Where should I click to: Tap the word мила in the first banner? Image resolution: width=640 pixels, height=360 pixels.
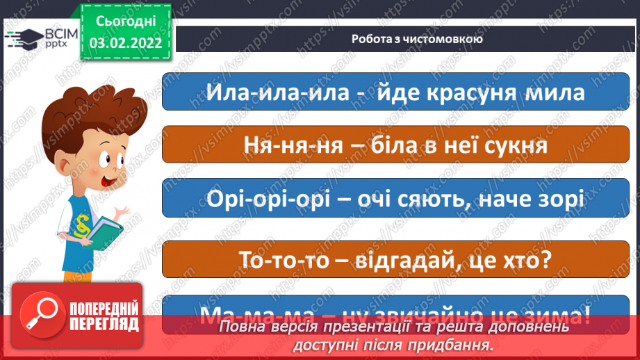click(559, 92)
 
